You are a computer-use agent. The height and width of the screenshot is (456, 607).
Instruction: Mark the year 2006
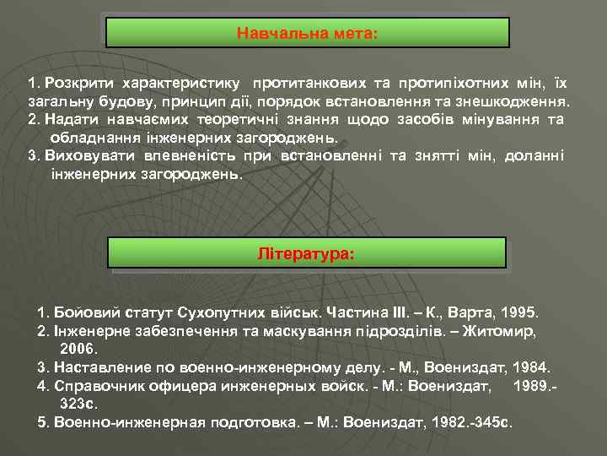(80, 348)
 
